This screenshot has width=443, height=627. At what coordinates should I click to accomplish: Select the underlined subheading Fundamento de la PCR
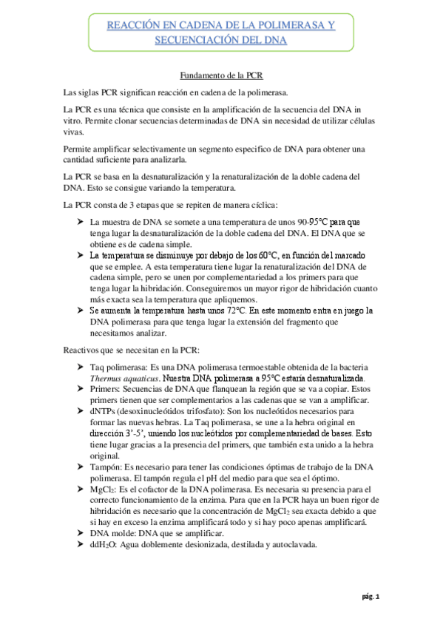pyautogui.click(x=222, y=75)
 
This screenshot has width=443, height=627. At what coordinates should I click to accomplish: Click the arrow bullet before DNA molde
pyautogui.click(x=81, y=533)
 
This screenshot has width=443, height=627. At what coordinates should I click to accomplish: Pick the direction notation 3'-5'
pyautogui.click(x=134, y=433)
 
